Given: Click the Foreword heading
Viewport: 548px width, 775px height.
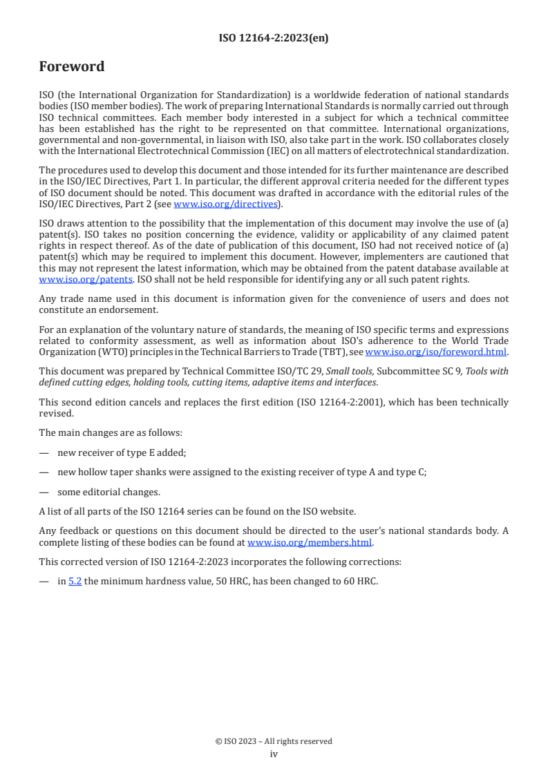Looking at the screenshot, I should click(x=72, y=67).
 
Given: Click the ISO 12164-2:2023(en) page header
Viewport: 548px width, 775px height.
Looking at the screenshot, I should click(x=274, y=39).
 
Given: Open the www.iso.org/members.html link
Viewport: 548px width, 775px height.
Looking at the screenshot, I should click(x=310, y=542).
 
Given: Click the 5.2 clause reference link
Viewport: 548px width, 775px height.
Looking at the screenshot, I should click(x=75, y=581).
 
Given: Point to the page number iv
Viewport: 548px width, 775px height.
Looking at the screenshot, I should click(x=274, y=754).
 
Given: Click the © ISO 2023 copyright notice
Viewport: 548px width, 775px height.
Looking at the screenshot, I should click(x=274, y=741).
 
